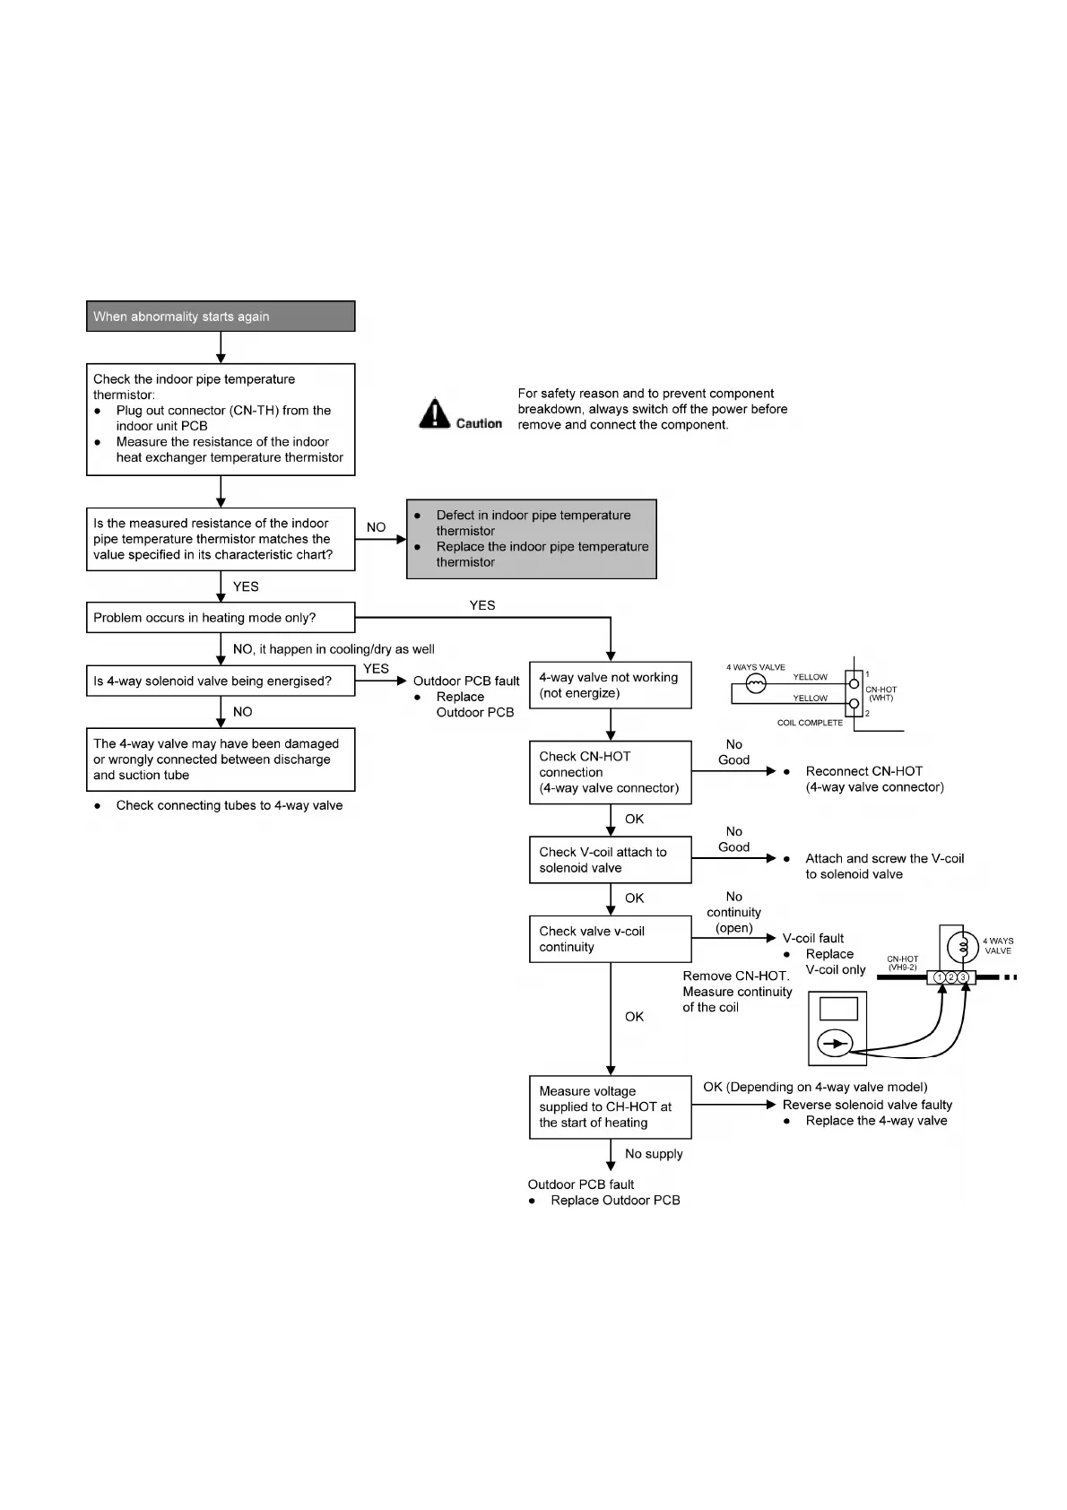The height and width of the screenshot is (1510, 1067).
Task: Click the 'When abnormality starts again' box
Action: pos(221,317)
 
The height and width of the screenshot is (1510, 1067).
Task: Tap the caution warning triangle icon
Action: pos(435,413)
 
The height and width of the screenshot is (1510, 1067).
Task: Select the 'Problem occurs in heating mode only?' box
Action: pos(221,618)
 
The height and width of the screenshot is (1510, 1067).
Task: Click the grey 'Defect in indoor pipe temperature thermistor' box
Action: pos(532,539)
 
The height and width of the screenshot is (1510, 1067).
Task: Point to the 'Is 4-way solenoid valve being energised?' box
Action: pos(221,681)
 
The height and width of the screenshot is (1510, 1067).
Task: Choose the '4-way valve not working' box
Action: pos(610,686)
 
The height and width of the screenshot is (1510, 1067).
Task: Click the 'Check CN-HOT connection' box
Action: pos(610,772)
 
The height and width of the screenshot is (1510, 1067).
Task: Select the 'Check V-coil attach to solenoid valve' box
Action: pos(610,860)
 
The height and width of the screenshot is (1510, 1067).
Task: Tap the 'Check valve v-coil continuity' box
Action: pos(610,939)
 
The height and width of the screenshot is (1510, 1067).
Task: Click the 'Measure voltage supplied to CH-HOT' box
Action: pos(610,1106)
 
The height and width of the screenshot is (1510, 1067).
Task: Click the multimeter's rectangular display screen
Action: pos(838,1009)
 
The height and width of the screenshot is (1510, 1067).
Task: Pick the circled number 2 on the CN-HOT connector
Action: pos(950,977)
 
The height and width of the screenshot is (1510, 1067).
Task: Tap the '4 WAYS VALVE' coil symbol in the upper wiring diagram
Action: pos(756,685)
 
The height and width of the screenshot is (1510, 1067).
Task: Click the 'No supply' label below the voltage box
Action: pos(654,1154)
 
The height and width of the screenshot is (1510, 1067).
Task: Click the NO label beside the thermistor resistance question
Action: pos(377,527)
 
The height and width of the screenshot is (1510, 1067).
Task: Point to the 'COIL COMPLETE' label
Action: pos(810,723)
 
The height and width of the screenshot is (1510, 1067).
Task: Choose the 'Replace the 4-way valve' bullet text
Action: pos(876,1121)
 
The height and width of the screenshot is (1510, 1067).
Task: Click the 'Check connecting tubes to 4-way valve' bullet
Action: pos(229,805)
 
